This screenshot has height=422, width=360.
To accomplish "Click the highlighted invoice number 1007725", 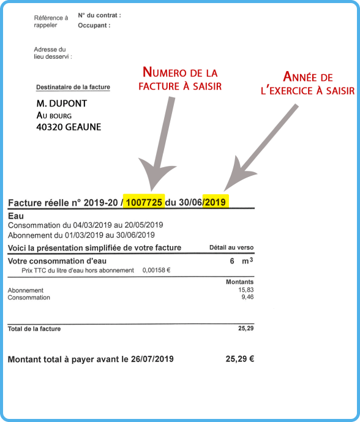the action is [144, 203].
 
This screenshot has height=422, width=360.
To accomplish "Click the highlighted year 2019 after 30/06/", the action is [216, 203].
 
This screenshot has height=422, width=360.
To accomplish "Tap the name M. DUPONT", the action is [62, 104].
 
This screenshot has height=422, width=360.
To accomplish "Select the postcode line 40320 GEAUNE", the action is [69, 127].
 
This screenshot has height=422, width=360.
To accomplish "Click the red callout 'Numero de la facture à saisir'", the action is [180, 80].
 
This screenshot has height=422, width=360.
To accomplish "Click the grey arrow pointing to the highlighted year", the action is [263, 144].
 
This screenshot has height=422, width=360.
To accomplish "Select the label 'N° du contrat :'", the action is [100, 15].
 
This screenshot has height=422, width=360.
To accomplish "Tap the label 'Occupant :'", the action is [94, 26].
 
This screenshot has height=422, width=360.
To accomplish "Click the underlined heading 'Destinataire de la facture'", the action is [73, 88].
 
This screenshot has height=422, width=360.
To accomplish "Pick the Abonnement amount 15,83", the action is [246, 290].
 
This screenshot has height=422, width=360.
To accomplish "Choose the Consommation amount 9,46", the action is [247, 298].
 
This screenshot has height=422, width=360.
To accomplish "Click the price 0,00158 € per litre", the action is [156, 270].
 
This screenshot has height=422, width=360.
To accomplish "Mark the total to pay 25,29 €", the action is [239, 359].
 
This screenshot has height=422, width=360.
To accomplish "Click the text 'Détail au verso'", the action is [231, 247].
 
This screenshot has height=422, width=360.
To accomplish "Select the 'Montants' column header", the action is [240, 282].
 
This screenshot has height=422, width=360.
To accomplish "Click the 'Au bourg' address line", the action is [54, 116].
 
